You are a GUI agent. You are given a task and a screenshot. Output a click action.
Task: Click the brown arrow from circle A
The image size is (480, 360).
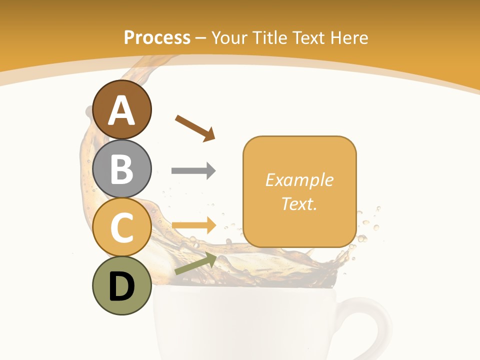coord(195,128)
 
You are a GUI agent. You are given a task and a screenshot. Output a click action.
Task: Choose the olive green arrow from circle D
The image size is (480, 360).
coord(195,264)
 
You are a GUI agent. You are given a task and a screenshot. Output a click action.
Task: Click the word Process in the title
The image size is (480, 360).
coord(157,38)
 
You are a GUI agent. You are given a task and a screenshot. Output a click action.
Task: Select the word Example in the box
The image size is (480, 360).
coord(299,180)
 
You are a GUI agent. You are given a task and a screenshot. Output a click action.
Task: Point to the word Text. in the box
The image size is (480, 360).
coord(299,203)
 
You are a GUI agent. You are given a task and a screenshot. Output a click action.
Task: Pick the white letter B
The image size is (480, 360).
coord(122,168)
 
